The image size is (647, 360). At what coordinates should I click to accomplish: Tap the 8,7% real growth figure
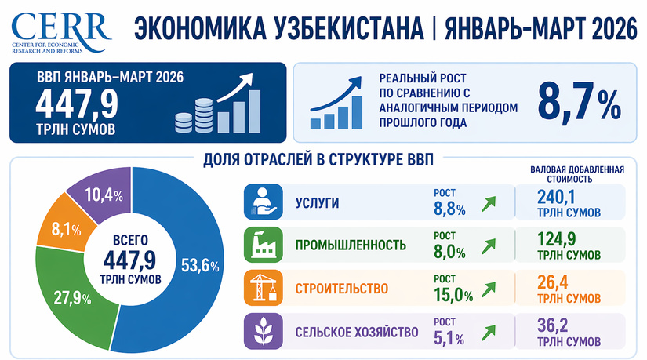tap(579, 101)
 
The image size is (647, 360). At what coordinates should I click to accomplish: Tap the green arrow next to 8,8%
tap(489, 205)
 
